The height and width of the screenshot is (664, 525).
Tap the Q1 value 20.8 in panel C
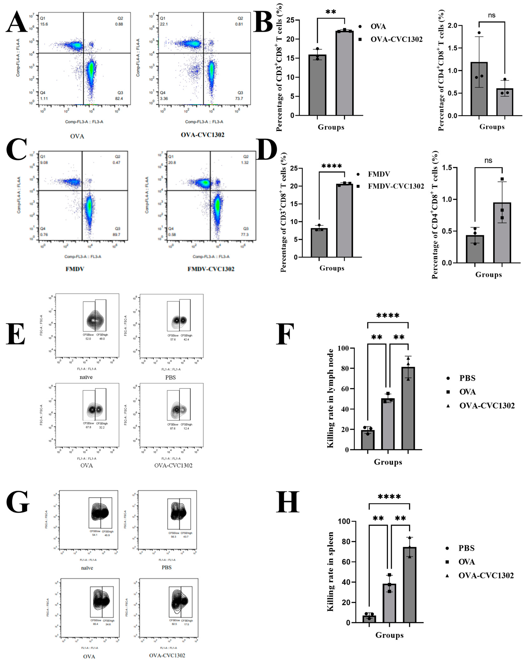[x=172, y=163]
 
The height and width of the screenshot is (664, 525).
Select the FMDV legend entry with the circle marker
[x=379, y=174]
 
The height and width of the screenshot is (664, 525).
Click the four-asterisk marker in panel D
[x=332, y=166]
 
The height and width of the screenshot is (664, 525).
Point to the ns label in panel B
[x=492, y=15]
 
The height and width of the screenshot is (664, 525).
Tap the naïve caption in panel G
[x=87, y=568]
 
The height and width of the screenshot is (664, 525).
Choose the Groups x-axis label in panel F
[x=388, y=462]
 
